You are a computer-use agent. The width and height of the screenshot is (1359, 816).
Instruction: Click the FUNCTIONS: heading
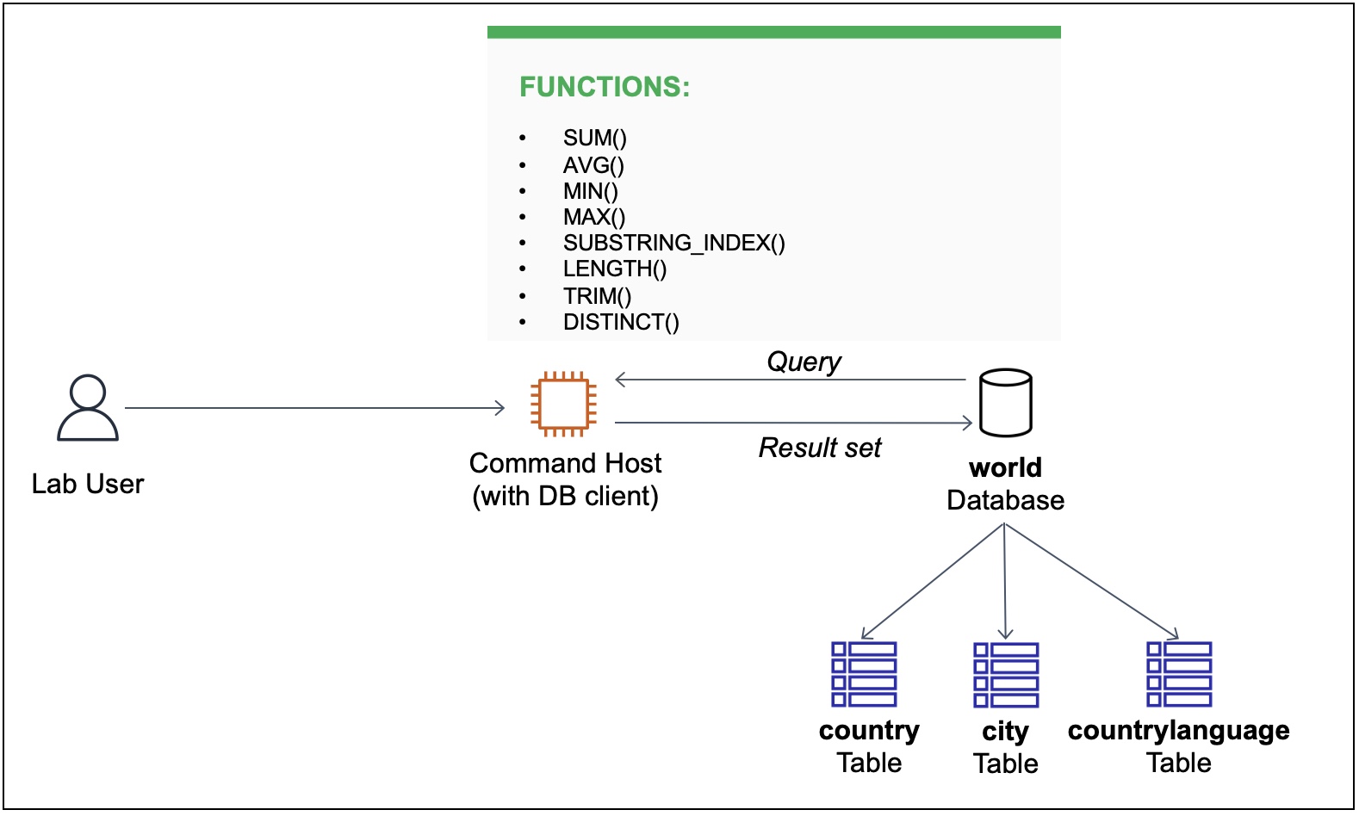(x=604, y=87)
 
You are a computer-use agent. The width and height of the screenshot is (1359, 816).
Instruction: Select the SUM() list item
(x=594, y=139)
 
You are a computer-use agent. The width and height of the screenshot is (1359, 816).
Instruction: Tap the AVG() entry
(x=593, y=165)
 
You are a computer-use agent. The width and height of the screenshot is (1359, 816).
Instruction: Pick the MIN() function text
(x=590, y=191)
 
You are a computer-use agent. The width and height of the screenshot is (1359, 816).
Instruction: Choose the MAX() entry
(x=593, y=217)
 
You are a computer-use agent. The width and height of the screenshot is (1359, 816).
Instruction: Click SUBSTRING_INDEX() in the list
(x=673, y=244)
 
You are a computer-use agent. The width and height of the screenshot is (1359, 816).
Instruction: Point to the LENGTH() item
(x=614, y=269)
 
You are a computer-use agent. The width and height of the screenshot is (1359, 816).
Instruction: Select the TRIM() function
(x=597, y=296)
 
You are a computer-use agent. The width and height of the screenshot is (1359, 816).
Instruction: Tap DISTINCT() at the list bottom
(x=620, y=323)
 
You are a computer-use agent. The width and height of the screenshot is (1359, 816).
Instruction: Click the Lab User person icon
(x=87, y=408)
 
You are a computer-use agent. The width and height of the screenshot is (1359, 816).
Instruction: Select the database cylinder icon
(x=1005, y=403)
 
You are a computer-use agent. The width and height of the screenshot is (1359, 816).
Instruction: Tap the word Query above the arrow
(x=803, y=362)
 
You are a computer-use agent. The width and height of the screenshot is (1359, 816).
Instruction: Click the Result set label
(x=819, y=448)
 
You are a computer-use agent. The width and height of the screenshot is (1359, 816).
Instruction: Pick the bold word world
(x=1005, y=467)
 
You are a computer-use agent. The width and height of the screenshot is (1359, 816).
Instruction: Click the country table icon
(x=864, y=674)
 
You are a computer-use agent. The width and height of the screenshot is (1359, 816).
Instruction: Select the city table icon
(x=1006, y=675)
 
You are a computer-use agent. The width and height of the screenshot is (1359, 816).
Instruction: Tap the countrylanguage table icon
(x=1179, y=674)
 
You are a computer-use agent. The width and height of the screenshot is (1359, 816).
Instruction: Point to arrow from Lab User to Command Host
(x=314, y=408)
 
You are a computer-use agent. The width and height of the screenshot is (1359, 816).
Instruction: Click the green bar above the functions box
(x=773, y=32)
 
